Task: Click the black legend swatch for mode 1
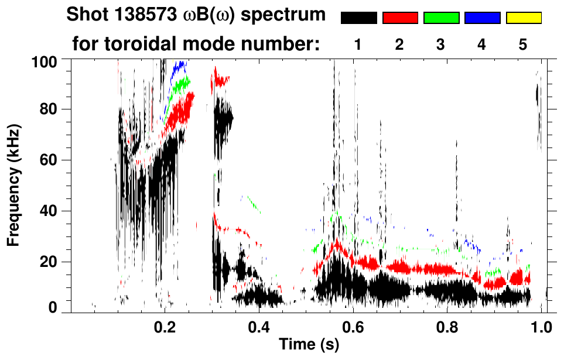[359, 18]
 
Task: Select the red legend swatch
[400, 18]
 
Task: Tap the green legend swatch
[441, 18]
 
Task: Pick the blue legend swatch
[482, 18]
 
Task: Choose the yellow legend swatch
[523, 18]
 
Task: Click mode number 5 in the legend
[523, 44]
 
